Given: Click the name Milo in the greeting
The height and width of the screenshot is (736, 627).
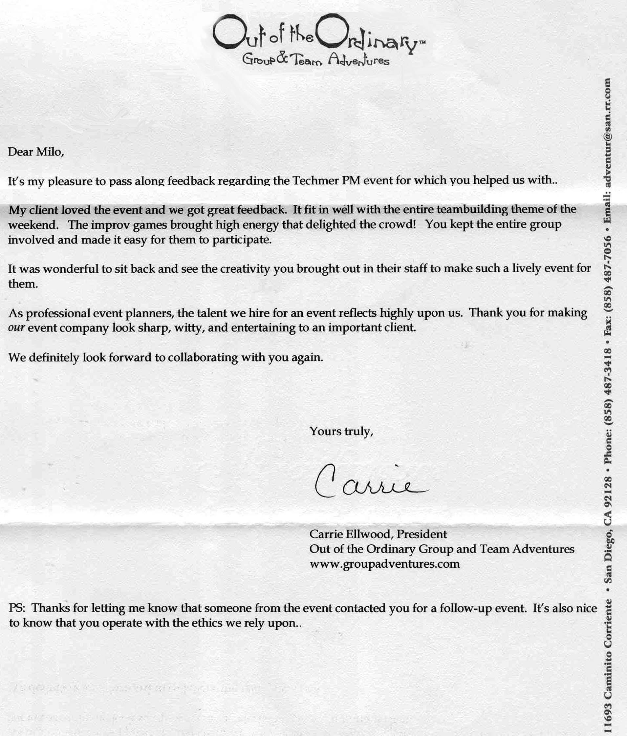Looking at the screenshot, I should pyautogui.click(x=50, y=152).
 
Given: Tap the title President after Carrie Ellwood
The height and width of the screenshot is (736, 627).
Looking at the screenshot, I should pyautogui.click(x=422, y=534).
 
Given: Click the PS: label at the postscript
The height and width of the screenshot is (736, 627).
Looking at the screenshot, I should pyautogui.click(x=17, y=608).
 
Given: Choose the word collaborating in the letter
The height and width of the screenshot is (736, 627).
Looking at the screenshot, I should pyautogui.click(x=203, y=357).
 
